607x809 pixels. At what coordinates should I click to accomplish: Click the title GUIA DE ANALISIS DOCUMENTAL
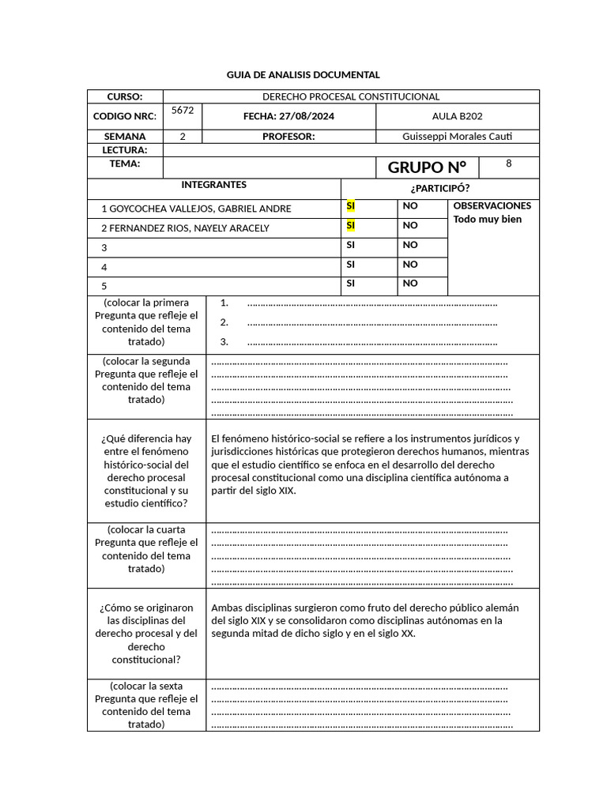click(303, 74)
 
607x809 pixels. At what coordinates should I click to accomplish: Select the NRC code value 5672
click(183, 111)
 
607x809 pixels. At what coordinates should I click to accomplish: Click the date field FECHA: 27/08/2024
click(288, 116)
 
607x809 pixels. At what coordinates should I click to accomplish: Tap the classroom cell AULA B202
click(457, 116)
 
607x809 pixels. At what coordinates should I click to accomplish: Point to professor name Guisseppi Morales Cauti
click(457, 136)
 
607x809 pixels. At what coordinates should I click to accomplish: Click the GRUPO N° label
click(427, 167)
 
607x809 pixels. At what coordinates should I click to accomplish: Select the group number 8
click(508, 164)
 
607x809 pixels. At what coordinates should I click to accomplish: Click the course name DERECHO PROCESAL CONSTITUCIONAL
click(351, 96)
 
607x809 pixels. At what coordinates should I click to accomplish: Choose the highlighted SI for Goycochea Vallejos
click(351, 206)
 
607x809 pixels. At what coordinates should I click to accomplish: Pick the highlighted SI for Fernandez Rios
click(351, 226)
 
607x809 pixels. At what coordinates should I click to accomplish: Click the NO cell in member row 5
click(410, 284)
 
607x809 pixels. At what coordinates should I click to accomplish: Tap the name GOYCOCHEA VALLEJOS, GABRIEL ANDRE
click(196, 209)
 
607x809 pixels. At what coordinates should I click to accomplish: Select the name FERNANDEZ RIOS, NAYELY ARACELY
click(185, 228)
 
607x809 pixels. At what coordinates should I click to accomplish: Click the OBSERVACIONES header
click(492, 205)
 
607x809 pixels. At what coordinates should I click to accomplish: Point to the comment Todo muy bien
click(488, 219)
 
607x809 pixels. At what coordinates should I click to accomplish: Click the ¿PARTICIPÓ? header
click(439, 188)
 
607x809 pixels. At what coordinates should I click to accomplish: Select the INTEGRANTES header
click(213, 185)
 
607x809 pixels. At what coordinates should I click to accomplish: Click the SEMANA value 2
click(183, 136)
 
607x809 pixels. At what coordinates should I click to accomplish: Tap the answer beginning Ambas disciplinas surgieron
click(365, 620)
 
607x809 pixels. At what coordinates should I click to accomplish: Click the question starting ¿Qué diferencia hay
click(146, 471)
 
